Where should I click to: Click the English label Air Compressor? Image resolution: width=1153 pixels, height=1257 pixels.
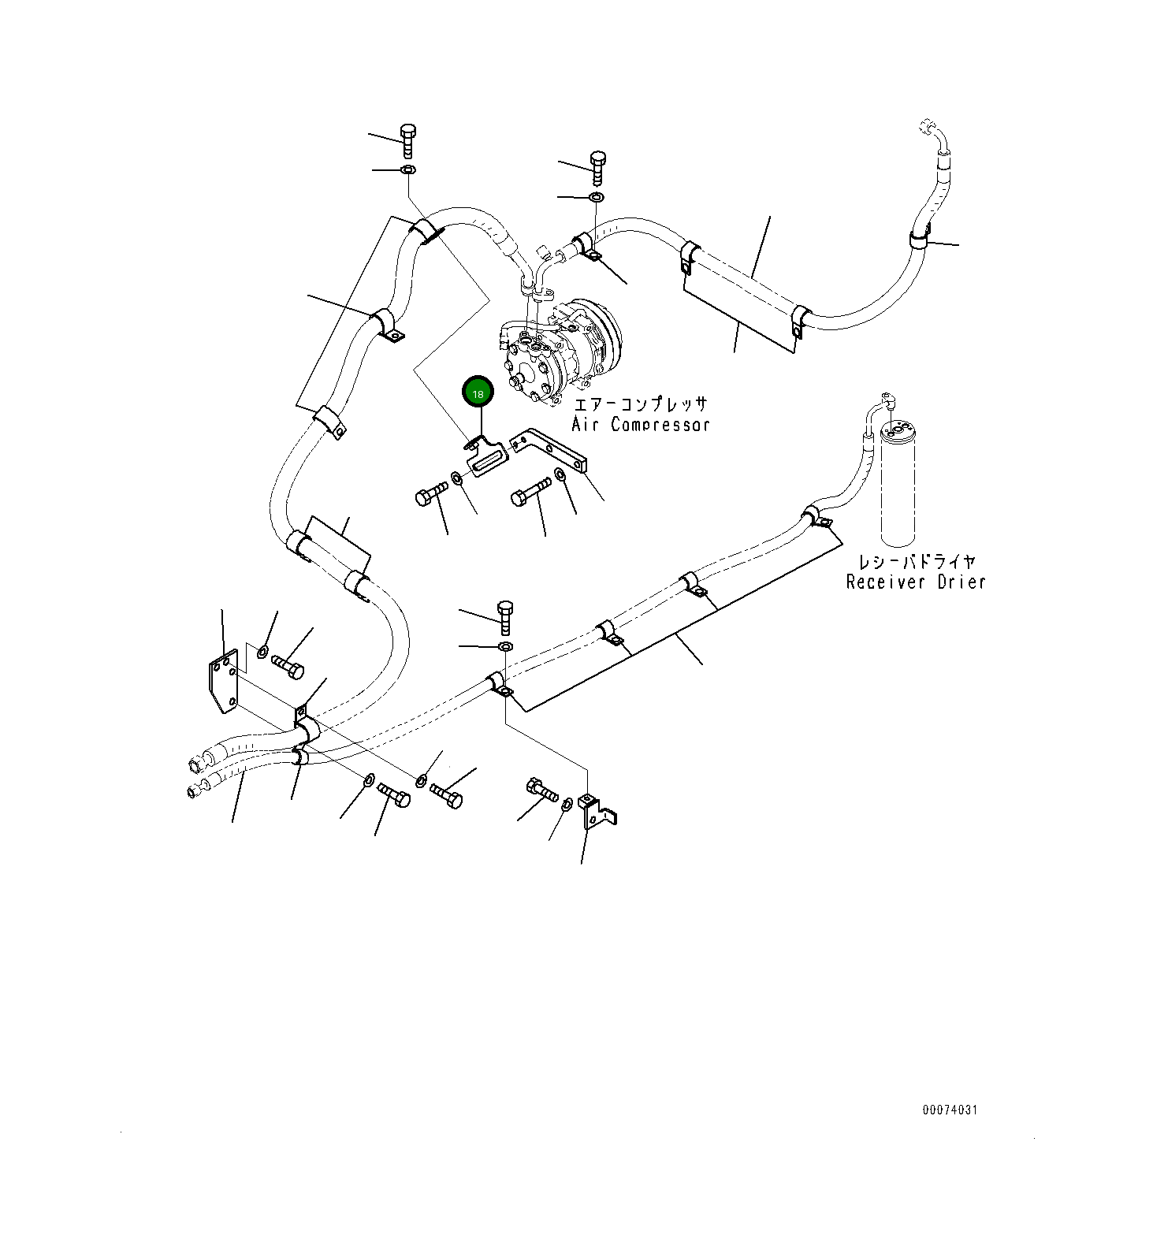[x=640, y=425]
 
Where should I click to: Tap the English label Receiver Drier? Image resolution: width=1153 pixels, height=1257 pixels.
[x=916, y=582]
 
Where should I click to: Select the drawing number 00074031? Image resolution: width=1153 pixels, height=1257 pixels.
[x=950, y=1110]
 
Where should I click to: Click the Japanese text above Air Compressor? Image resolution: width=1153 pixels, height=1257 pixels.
[x=640, y=405]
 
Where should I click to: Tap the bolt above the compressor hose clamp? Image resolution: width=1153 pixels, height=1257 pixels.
[x=597, y=165]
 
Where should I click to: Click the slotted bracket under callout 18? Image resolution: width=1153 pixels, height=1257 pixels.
[x=489, y=458]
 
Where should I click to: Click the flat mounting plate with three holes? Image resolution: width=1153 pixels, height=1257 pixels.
[x=223, y=682]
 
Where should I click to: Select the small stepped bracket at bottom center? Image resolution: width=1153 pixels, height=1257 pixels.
[x=597, y=812]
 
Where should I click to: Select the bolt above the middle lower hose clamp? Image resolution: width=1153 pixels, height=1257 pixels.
[x=505, y=615]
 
